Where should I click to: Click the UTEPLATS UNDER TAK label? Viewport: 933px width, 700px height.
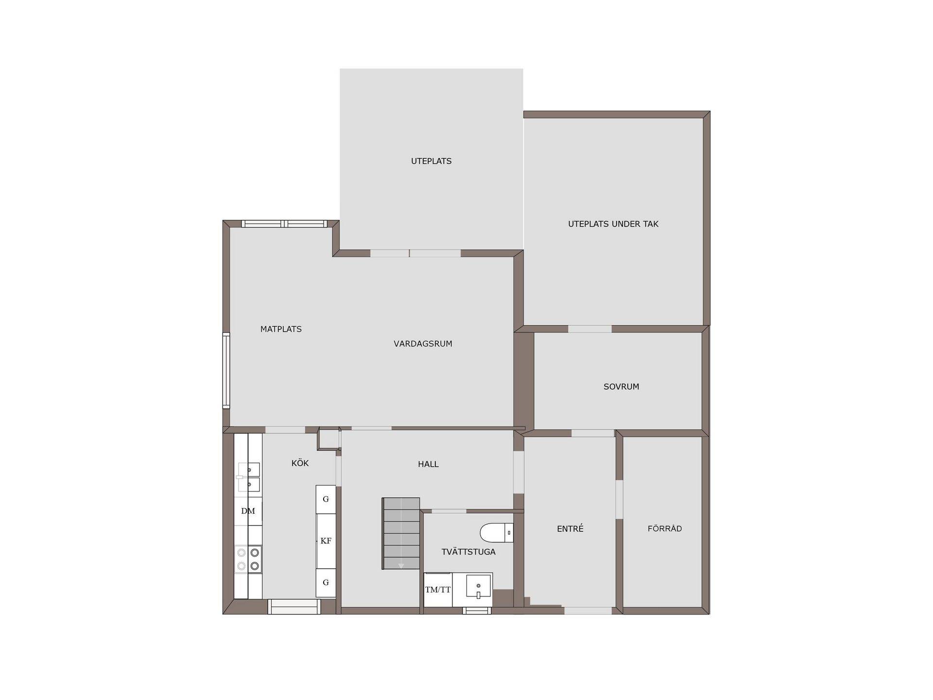click(x=613, y=224)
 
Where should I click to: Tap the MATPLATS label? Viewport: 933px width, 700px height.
click(x=281, y=329)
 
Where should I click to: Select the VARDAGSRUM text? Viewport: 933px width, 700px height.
click(x=423, y=344)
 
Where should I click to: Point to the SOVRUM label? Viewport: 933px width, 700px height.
click(x=621, y=387)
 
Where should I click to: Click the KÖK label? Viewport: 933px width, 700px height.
click(x=300, y=463)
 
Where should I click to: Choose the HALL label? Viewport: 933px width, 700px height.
click(x=428, y=464)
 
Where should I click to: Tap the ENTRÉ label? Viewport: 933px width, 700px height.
click(x=570, y=528)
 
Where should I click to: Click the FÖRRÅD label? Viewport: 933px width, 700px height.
click(x=665, y=528)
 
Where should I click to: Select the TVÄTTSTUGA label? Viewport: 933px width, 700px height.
click(x=468, y=552)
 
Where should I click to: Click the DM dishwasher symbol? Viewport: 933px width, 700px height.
click(x=248, y=511)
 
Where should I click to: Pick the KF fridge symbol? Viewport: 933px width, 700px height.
click(x=326, y=541)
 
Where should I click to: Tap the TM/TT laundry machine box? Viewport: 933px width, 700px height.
click(x=438, y=590)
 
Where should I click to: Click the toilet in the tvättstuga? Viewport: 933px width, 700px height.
click(x=497, y=533)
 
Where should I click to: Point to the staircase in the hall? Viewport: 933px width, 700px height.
click(x=401, y=533)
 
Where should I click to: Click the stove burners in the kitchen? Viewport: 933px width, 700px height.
click(x=248, y=559)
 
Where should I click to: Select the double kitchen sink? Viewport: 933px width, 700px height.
click(x=249, y=477)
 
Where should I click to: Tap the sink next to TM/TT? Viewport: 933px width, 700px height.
click(x=479, y=585)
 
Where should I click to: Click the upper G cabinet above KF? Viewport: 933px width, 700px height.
click(x=326, y=499)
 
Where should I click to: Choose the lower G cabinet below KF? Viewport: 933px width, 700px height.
click(x=326, y=583)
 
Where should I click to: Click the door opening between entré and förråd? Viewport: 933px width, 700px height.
click(x=620, y=499)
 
